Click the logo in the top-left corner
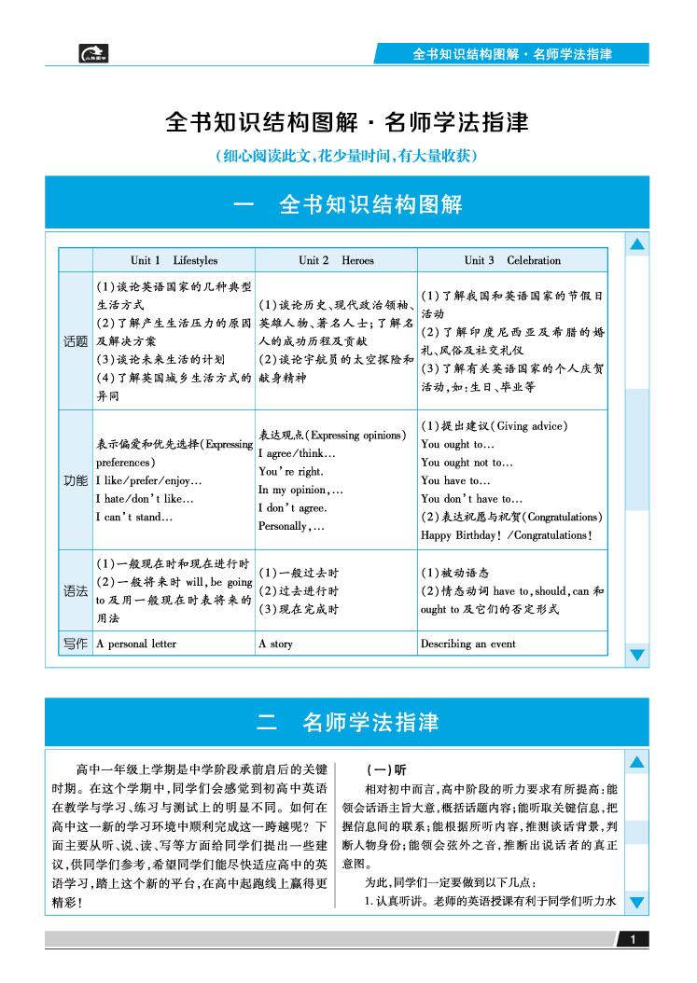click(93, 54)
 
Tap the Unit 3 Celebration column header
click(512, 260)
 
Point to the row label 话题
click(76, 341)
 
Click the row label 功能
click(76, 480)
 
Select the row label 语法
click(76, 590)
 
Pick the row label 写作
click(76, 644)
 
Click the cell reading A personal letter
click(136, 644)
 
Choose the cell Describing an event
click(467, 644)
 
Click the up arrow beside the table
click(637, 245)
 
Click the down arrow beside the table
click(637, 655)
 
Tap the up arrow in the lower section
click(637, 763)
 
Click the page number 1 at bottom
click(633, 939)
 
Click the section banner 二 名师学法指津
click(347, 722)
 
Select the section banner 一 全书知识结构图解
click(347, 204)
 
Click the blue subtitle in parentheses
click(347, 156)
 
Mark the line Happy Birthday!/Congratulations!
click(506, 535)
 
